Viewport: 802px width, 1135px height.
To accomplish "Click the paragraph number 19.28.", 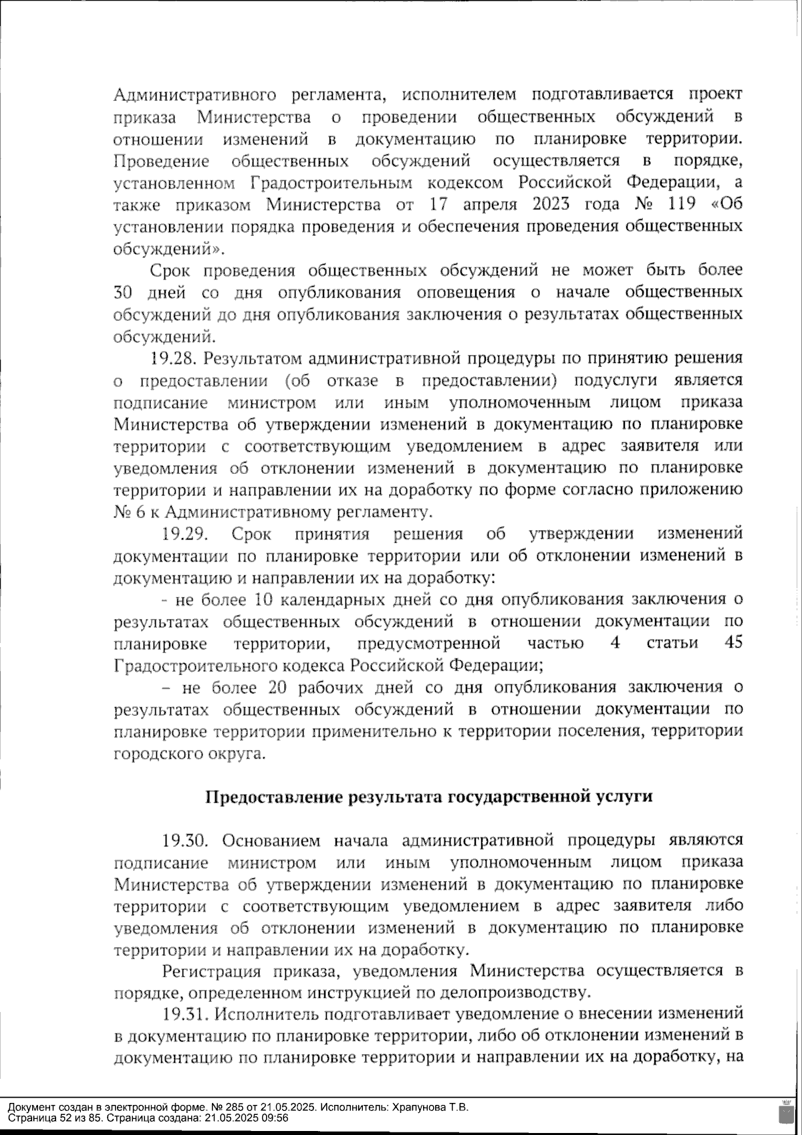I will pyautogui.click(x=172, y=358).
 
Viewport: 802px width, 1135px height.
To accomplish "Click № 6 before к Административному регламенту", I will pyautogui.click(x=125, y=512).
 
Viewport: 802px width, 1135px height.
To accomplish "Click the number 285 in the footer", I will pyautogui.click(x=196, y=1107).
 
